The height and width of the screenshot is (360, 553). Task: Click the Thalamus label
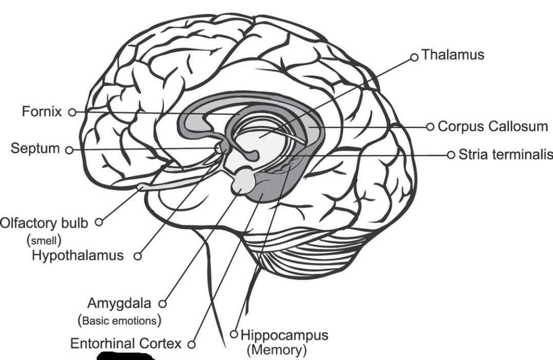[452, 55]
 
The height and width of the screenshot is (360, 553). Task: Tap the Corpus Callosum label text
[492, 126]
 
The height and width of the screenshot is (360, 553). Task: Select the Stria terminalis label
[505, 154]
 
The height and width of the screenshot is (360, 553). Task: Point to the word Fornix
[42, 111]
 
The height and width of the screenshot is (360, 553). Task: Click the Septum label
[35, 149]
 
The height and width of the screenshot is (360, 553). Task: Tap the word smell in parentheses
[44, 239]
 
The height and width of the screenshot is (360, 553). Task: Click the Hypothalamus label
[77, 255]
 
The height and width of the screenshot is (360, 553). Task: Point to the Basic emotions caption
[120, 321]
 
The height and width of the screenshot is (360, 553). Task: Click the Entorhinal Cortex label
[126, 344]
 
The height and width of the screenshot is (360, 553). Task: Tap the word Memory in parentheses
[276, 351]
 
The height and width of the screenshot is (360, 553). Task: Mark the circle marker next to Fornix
[72, 112]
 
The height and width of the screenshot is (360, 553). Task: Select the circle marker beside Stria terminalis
[451, 154]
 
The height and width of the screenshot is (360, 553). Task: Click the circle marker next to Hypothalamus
[137, 256]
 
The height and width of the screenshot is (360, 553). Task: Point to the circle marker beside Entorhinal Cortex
[191, 345]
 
